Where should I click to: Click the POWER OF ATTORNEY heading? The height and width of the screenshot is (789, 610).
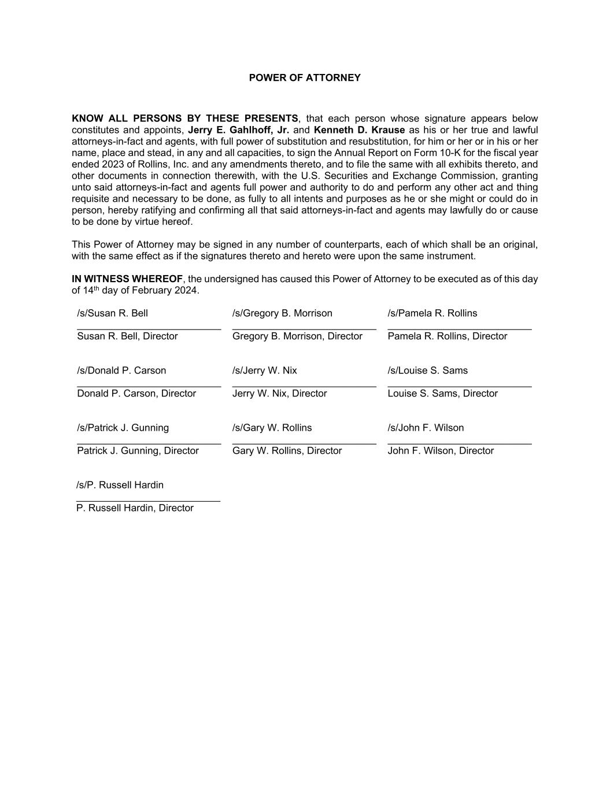point(305,77)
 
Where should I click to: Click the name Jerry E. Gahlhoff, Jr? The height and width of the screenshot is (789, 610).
point(238,130)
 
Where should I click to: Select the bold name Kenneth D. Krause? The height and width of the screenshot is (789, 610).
point(359,130)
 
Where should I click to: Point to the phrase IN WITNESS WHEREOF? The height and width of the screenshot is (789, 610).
point(127,279)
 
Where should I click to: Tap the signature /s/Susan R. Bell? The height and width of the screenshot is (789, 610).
point(112,313)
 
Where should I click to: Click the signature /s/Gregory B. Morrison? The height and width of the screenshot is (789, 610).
point(282,313)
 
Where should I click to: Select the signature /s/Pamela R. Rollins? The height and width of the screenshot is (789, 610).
point(432,313)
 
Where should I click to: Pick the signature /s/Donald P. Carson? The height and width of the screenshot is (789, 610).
point(121,371)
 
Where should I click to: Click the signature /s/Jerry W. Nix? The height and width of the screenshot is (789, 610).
point(265,371)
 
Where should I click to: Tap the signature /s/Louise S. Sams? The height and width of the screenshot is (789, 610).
point(428,371)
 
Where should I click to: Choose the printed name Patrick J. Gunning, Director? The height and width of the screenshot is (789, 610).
point(138,451)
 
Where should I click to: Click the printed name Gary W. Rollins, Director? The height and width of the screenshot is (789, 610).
point(287,451)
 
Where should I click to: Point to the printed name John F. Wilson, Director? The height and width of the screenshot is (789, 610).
point(441,451)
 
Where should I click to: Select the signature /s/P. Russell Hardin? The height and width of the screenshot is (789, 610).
point(120,485)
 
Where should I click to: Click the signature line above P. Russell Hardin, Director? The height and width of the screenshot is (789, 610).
point(148,501)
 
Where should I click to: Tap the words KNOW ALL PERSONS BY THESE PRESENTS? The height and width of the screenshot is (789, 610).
point(185,118)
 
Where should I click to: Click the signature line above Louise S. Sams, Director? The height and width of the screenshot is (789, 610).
point(460,386)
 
